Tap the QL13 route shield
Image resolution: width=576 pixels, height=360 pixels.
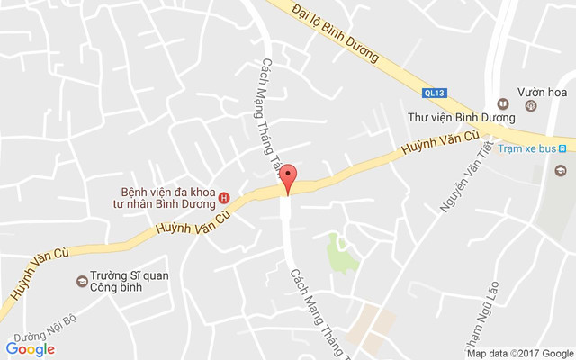pos(434,92)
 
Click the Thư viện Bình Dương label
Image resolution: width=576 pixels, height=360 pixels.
pos(461,117)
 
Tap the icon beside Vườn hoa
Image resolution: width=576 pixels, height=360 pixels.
pos(531,106)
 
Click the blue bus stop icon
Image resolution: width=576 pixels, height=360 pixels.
pos(562,147)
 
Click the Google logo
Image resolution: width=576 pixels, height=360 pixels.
pos(31,348)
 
